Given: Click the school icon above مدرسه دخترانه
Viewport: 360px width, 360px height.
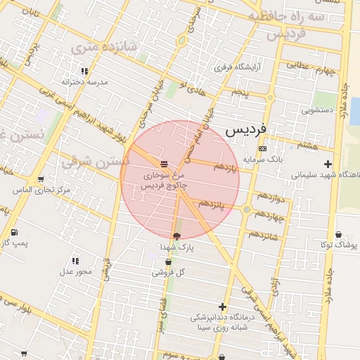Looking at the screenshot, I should coord(84,71).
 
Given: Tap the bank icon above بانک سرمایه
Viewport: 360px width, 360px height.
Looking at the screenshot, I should coord(262,149).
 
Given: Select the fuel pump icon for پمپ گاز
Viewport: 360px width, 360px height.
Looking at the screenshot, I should coord(15,232).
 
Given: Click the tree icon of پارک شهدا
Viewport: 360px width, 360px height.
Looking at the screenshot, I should coord(176,236).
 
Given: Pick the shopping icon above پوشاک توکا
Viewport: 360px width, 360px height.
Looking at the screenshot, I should coord(338,234).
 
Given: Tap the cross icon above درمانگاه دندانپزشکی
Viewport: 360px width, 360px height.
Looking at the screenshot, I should coord(223,307).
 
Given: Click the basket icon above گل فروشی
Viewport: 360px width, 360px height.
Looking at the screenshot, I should coord(168,262).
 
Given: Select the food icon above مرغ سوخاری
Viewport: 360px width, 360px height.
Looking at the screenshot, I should coord(163,163).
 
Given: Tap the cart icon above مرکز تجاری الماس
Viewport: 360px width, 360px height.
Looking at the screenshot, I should coord(40,180).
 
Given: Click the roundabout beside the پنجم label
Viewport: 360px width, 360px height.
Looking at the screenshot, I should coord(269,98).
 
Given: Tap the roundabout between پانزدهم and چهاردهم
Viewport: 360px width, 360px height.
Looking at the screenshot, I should coord(247,209).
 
